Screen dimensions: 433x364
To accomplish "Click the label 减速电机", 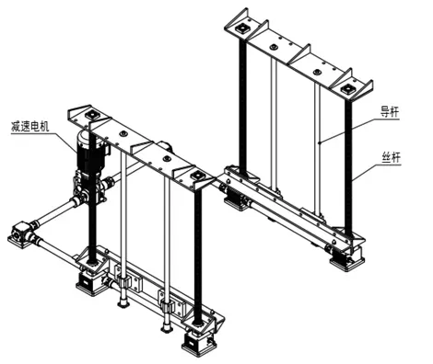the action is pyautogui.click(x=29, y=126).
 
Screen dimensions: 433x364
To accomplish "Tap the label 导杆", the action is pyautogui.click(x=390, y=112).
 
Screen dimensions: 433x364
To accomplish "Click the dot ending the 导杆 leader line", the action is pyautogui.click(x=320, y=142).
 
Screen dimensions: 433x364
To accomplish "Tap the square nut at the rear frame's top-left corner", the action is pyautogui.click(x=242, y=29).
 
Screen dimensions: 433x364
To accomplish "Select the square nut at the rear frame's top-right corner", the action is pyautogui.click(x=347, y=89).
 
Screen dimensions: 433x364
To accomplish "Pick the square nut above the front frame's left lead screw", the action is pyautogui.click(x=92, y=115).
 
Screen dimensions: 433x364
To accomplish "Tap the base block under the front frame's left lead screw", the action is pyautogui.click(x=89, y=282).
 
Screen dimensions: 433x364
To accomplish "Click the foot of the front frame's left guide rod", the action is pyautogui.click(x=123, y=304).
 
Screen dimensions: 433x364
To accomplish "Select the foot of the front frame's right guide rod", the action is pyautogui.click(x=167, y=329).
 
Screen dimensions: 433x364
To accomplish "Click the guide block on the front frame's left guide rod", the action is pyautogui.click(x=127, y=278).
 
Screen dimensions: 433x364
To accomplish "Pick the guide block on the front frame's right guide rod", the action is pyautogui.click(x=170, y=302).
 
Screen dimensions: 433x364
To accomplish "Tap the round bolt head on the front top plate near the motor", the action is pyautogui.click(x=123, y=133).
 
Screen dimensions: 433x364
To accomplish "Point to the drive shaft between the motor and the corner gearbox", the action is pyautogui.click(x=54, y=214).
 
